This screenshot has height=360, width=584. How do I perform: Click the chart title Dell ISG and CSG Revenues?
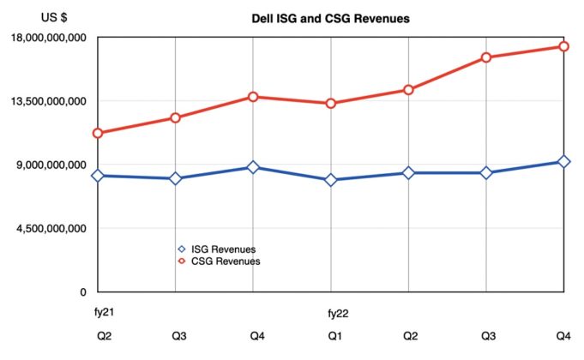coord(330,17)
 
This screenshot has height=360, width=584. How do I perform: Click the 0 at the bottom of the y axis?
coord(84,291)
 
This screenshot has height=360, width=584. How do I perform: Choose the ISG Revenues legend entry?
coord(223,249)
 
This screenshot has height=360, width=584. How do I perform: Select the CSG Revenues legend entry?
coord(223,261)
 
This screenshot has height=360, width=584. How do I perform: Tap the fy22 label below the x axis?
coord(337,314)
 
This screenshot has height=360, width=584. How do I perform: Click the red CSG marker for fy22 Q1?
coord(331,104)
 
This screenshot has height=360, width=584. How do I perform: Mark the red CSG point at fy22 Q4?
coord(564,46)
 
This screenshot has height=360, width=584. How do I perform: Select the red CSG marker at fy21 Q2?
coord(98,133)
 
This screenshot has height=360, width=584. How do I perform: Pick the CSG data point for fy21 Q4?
coord(253,97)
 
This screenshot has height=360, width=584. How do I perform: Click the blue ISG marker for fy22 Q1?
coord(331,180)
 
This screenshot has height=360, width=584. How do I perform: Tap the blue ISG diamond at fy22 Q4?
coord(564,162)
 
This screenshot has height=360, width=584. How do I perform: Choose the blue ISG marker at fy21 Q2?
coord(98,176)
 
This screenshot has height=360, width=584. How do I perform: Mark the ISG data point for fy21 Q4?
coord(253,167)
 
